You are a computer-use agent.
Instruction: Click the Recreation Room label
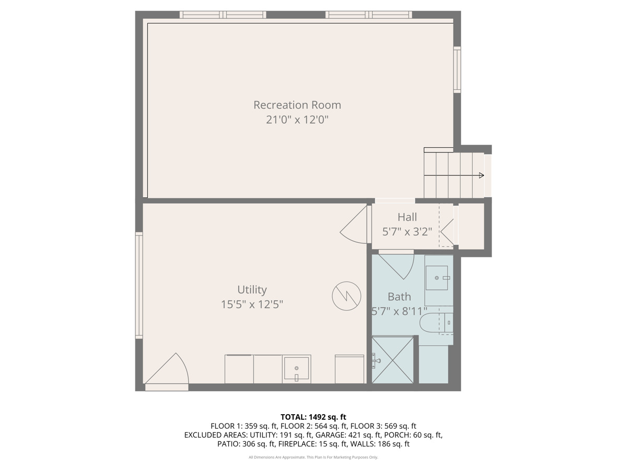coord(297,105)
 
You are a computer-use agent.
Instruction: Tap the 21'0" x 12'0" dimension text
coord(297,120)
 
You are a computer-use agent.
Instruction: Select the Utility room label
coord(252,290)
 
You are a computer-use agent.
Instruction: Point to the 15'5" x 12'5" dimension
coord(252,304)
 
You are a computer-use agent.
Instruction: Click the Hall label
coord(407,217)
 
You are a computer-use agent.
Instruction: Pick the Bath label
coord(399,297)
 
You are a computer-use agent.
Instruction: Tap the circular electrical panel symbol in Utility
coord(346,296)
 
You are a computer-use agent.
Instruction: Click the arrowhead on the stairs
coord(481,175)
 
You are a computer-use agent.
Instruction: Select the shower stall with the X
coord(393,360)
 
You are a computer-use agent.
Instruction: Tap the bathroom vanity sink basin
coord(436,278)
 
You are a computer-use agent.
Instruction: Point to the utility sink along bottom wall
coord(296,369)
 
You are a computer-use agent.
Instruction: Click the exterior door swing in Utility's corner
coord(167,369)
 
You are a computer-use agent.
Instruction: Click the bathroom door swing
coord(397,265)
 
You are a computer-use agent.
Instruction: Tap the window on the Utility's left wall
coord(139,286)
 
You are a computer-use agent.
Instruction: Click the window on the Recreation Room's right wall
coord(457,69)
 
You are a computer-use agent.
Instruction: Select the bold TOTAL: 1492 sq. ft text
coord(313,417)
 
